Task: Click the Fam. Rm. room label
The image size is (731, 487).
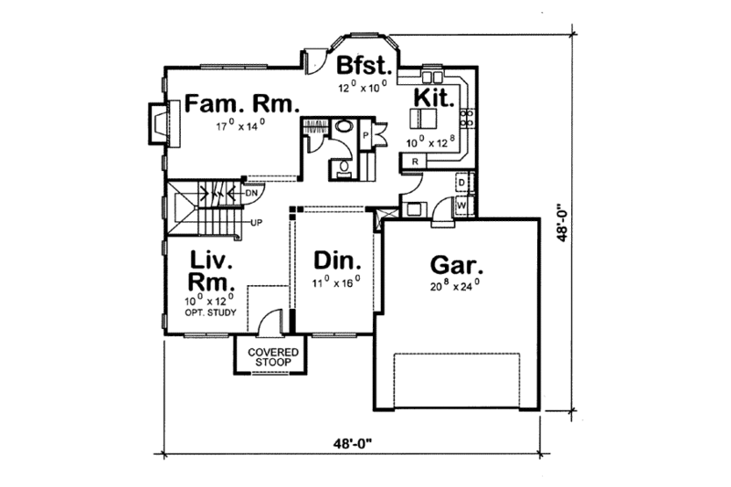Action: coord(242,103)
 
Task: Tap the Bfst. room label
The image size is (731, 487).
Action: coord(365,66)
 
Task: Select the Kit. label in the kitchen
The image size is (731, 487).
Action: coord(433,97)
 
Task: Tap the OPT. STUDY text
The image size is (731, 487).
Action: coord(212,313)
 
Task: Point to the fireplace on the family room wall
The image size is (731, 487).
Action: coord(158,122)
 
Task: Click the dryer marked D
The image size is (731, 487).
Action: coord(462,183)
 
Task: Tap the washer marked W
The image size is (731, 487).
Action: coord(461,206)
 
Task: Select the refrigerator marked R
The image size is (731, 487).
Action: coord(415,162)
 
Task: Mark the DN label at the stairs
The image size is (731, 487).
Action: coord(251,192)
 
